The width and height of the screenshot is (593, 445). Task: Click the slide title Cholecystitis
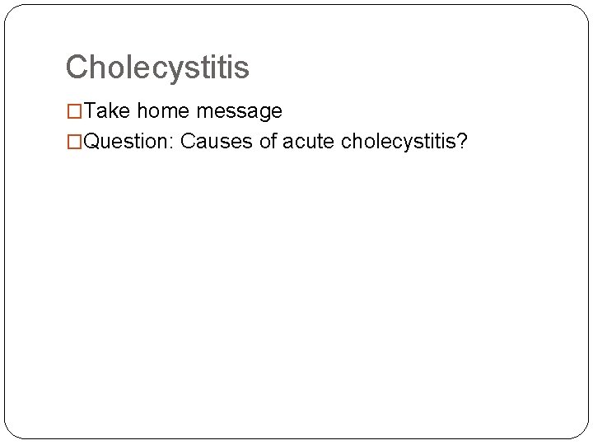(157, 68)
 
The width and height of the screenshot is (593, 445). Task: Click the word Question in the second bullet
(126, 142)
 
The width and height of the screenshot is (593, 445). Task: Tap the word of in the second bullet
(268, 142)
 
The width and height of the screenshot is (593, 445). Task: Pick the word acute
(309, 142)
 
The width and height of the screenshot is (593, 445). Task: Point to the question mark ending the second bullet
(464, 142)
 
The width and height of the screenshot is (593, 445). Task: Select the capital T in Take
(90, 111)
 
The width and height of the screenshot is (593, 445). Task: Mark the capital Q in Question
(92, 142)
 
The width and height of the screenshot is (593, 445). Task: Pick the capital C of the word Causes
(188, 142)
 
